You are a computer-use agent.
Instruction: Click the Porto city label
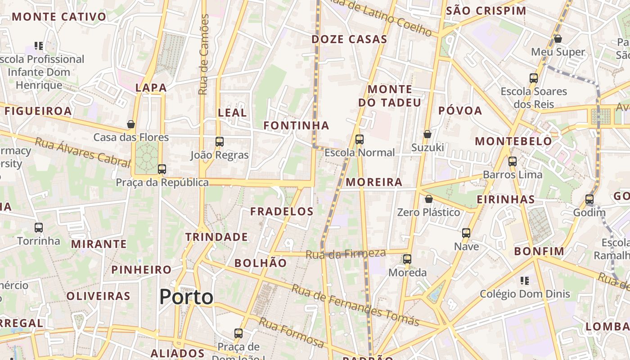pyautogui.click(x=186, y=297)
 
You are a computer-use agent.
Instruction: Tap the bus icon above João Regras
pyautogui.click(x=219, y=142)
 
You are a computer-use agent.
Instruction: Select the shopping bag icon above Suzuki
pyautogui.click(x=427, y=134)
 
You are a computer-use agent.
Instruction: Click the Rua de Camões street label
pyautogui.click(x=204, y=54)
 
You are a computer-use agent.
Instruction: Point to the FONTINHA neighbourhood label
pyautogui.click(x=296, y=126)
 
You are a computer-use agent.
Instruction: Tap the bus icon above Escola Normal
pyautogui.click(x=359, y=139)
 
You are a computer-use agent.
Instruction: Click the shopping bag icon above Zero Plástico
pyautogui.click(x=429, y=199)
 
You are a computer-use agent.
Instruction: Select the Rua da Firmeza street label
pyautogui.click(x=345, y=254)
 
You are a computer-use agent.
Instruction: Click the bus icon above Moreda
pyautogui.click(x=407, y=259)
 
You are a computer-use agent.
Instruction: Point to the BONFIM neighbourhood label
pyautogui.click(x=539, y=252)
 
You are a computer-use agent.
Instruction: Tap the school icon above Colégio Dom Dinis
pyautogui.click(x=524, y=281)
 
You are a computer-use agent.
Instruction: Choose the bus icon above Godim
pyautogui.click(x=589, y=199)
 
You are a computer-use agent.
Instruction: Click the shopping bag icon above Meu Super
pyautogui.click(x=558, y=39)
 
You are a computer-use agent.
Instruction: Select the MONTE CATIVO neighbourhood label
pyautogui.click(x=59, y=17)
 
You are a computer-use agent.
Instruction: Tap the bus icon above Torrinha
pyautogui.click(x=39, y=228)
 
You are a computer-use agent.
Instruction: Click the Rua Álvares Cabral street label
pyautogui.click(x=82, y=152)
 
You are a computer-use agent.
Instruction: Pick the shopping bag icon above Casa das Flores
pyautogui.click(x=131, y=124)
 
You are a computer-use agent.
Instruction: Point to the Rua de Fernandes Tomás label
pyautogui.click(x=355, y=305)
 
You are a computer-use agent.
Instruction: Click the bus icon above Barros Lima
pyautogui.click(x=512, y=162)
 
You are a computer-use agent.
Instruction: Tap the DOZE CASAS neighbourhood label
pyautogui.click(x=349, y=39)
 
